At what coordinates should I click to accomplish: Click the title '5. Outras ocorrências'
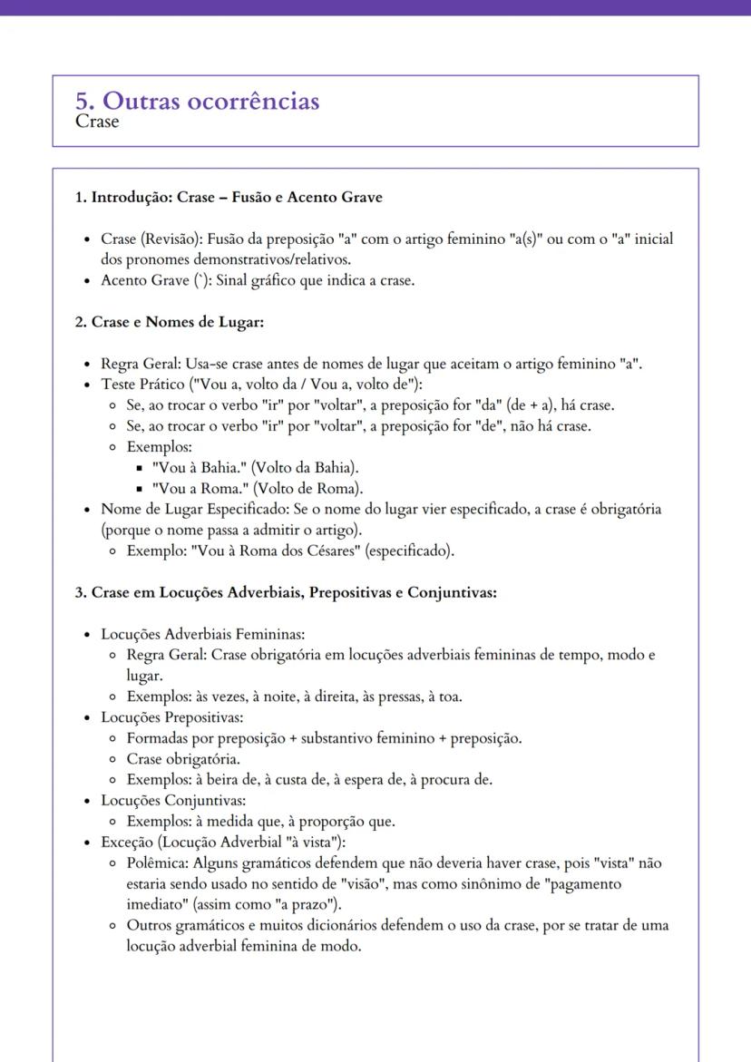(198, 101)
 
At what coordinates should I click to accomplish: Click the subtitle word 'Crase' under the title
(97, 122)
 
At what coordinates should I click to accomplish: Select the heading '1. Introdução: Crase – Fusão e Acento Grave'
(229, 197)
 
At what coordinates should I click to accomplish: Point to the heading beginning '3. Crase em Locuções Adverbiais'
(286, 592)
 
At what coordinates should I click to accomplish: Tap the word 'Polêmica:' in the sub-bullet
(157, 862)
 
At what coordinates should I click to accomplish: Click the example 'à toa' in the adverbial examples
(444, 697)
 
